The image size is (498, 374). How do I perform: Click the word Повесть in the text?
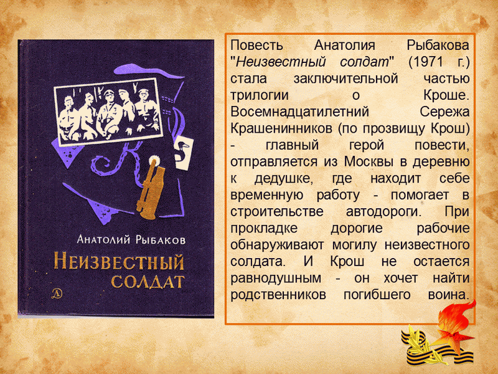pos(256,45)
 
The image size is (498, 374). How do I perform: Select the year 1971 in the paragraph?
pos(428,62)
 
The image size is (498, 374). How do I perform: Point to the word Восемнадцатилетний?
pos(299,112)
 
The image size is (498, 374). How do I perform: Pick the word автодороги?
pos(383,211)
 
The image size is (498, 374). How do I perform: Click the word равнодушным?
pos(276,278)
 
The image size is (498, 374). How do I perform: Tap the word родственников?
pos(278,295)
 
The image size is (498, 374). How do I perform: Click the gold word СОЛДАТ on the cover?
pos(148,281)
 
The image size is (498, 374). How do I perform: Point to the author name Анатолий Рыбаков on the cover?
pos(131,239)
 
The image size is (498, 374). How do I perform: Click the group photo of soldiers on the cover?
pos(108,112)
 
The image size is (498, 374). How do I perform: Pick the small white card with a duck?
pos(184,153)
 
